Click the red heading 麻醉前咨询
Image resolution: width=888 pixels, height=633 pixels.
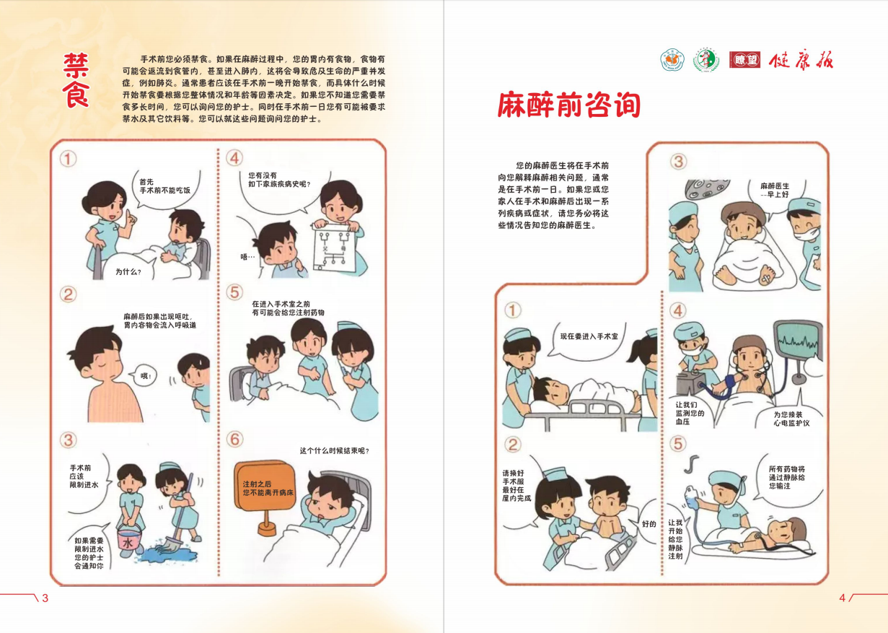(569, 106)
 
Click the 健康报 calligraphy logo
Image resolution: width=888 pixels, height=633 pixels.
(801, 61)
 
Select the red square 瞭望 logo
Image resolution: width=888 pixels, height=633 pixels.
(744, 61)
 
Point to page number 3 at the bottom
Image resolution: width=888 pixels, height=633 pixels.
(45, 598)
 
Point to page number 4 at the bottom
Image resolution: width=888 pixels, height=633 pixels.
(842, 598)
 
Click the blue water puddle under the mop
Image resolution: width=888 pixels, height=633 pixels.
(168, 554)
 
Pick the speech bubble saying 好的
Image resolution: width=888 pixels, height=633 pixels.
(649, 523)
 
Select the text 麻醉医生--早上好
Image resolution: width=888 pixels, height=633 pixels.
(775, 191)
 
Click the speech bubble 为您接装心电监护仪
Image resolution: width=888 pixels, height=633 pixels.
(791, 419)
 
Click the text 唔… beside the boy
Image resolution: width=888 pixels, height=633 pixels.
(247, 256)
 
